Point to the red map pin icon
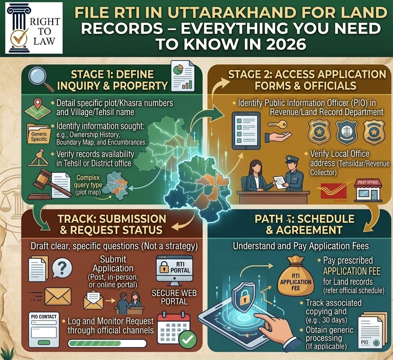point(37,104)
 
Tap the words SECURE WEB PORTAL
point(174,297)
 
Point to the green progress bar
point(106,343)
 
